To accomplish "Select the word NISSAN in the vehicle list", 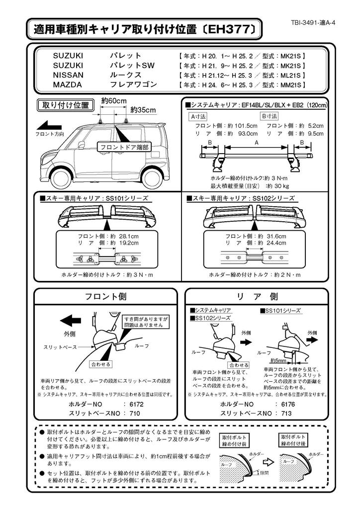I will [68, 75].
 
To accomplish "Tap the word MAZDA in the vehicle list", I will [67, 85].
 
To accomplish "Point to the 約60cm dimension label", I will [113, 100].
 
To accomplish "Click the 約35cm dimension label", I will [143, 109].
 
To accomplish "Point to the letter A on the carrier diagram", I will [257, 142].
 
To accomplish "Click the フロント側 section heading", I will [105, 297].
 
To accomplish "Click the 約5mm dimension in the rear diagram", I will [277, 360].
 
